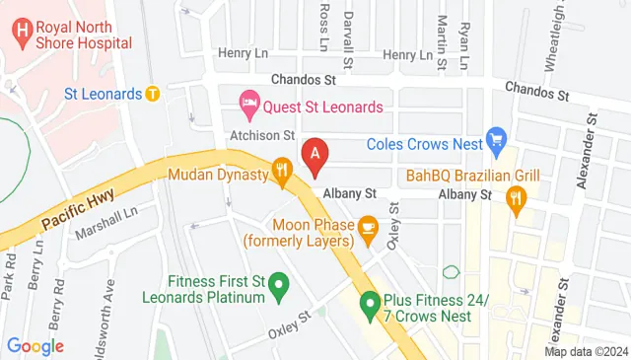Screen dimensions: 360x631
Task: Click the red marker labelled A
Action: click(x=315, y=155)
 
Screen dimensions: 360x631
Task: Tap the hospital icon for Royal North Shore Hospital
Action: click(x=21, y=32)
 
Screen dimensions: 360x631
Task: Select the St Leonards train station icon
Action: click(x=152, y=95)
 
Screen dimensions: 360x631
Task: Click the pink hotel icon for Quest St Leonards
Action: click(x=249, y=103)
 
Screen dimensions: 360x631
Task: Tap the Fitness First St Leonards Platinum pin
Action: click(x=278, y=287)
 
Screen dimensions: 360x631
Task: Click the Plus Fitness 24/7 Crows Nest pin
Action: click(x=370, y=304)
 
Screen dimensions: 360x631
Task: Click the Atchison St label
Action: click(x=262, y=135)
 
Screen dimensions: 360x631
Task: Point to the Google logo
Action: click(x=35, y=346)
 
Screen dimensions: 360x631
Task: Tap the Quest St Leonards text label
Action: click(x=321, y=103)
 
